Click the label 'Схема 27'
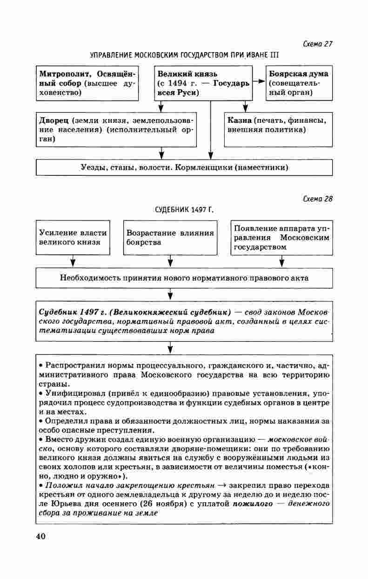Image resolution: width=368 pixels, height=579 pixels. pos(318,44)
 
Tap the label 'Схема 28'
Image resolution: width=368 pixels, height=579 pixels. pos(318,199)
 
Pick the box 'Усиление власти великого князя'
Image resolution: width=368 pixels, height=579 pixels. pos(73,237)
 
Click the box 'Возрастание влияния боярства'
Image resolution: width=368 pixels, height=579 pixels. pos(170,237)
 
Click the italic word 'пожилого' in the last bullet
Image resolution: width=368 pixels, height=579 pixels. pos(251,504)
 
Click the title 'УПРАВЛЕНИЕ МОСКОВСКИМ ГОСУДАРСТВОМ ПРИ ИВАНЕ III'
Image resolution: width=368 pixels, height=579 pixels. pos(184,55)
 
